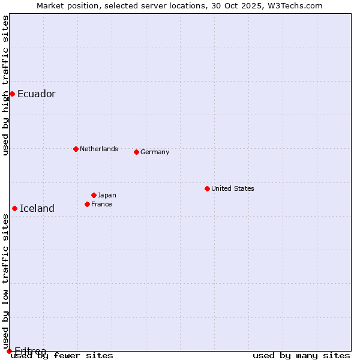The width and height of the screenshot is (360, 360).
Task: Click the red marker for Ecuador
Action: (12, 94)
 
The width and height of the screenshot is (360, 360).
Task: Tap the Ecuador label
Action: (36, 94)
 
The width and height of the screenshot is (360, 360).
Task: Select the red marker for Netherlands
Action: (76, 149)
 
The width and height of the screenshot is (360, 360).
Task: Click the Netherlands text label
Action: (98, 149)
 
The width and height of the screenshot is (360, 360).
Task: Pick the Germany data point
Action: (136, 152)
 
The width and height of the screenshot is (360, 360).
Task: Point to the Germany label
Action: (155, 152)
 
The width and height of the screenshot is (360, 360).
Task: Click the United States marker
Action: (207, 188)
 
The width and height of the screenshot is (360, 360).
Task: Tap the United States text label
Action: (232, 188)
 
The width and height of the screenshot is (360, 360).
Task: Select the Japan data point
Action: (94, 195)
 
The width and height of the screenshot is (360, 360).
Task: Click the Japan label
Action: (107, 195)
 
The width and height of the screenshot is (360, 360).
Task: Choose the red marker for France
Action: (87, 204)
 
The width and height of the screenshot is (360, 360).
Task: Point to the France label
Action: (101, 204)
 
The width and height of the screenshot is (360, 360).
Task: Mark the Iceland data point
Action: (14, 208)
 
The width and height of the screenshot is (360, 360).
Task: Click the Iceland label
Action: (37, 208)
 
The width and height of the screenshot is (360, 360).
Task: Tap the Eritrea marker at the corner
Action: (9, 351)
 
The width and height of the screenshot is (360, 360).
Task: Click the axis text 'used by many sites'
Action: (301, 356)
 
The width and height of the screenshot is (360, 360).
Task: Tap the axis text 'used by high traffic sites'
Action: (5, 86)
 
